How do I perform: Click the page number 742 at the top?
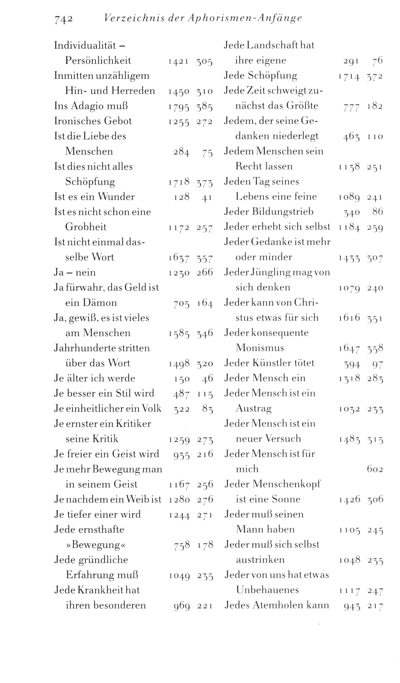point(63,19)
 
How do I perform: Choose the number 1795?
point(178,107)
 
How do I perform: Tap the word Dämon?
point(100,303)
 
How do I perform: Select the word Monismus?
point(260,348)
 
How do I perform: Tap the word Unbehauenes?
point(267,590)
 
